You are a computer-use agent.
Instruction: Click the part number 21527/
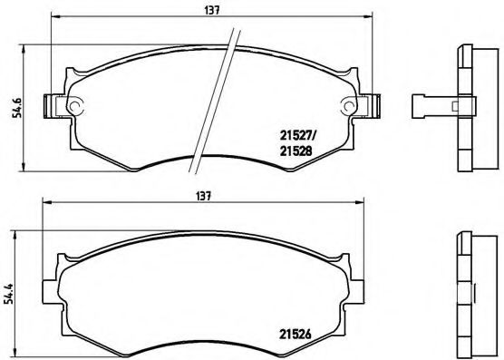[296, 139]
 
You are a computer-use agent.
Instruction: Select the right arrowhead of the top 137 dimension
[371, 17]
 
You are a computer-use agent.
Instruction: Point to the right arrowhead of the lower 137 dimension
[371, 205]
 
